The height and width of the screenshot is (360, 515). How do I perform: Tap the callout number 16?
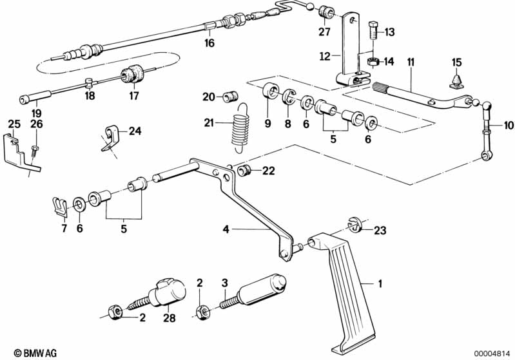[208, 44]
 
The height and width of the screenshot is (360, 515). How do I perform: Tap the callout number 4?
[226, 229]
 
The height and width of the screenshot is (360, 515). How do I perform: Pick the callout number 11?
[410, 62]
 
